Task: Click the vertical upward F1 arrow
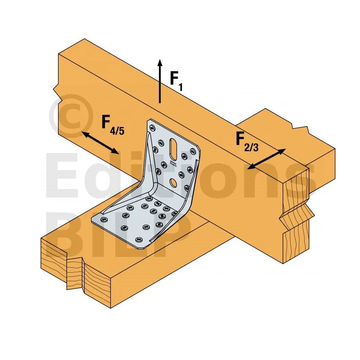160,81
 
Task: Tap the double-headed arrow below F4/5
100,143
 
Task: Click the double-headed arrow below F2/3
266,159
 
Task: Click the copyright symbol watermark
69,118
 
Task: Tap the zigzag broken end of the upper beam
295,211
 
